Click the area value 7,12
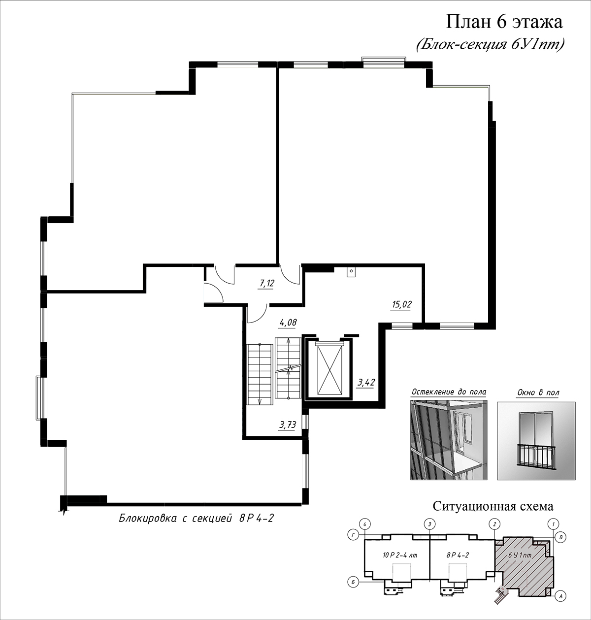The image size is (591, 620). point(267,283)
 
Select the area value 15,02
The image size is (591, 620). point(402,305)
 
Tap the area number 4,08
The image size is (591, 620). point(288,322)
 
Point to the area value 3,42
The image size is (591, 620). point(366,383)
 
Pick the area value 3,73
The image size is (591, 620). point(288,425)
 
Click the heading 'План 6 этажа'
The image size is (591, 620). point(504,23)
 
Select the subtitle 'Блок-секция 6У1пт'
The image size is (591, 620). point(490,45)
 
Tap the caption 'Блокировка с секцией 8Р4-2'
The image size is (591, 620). point(196,518)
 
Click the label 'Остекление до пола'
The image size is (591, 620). point(449,392)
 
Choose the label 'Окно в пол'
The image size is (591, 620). point(538,392)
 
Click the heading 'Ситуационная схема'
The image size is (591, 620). point(493,506)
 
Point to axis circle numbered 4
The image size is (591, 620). point(365,524)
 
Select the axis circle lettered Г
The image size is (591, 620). point(353,535)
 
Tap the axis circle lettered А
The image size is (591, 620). point(560,596)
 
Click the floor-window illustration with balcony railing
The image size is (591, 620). point(536,441)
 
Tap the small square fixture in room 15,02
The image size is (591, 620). point(351,271)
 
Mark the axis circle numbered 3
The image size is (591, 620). point(429,524)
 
